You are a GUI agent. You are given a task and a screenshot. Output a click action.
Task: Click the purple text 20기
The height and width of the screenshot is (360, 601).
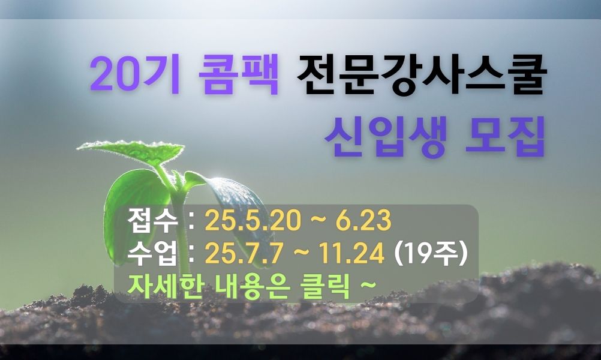(134, 74)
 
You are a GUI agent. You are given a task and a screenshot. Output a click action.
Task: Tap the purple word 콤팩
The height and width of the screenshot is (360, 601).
(238, 74)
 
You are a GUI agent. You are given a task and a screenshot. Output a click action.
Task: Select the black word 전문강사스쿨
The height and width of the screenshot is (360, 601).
(420, 74)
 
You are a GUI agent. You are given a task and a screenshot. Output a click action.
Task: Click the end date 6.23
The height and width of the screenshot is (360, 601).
(363, 221)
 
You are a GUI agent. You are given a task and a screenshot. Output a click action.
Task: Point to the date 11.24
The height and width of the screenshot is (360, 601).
(352, 253)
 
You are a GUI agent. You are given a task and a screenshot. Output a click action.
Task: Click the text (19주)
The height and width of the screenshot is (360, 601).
(431, 253)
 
